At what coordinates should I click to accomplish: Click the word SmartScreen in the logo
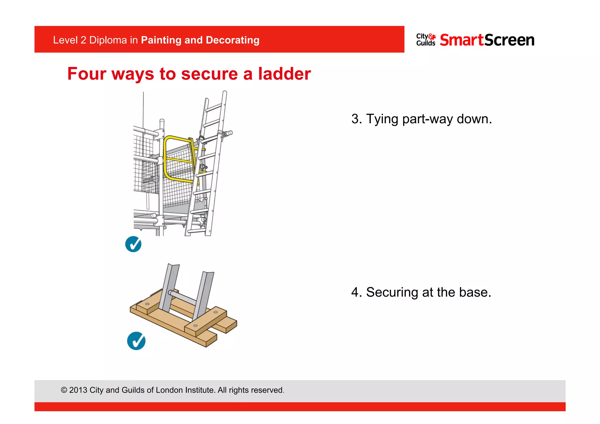487,40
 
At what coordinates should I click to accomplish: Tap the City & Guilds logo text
425,40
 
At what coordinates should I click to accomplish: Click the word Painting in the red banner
161,40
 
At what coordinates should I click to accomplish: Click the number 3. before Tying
357,119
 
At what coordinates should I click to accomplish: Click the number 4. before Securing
357,292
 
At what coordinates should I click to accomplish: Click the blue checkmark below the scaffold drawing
133,244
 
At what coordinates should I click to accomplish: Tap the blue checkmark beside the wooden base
136,341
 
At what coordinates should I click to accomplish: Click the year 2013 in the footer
78,390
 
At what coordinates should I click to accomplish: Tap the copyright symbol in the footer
64,390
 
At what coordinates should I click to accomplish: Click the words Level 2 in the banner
69,40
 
